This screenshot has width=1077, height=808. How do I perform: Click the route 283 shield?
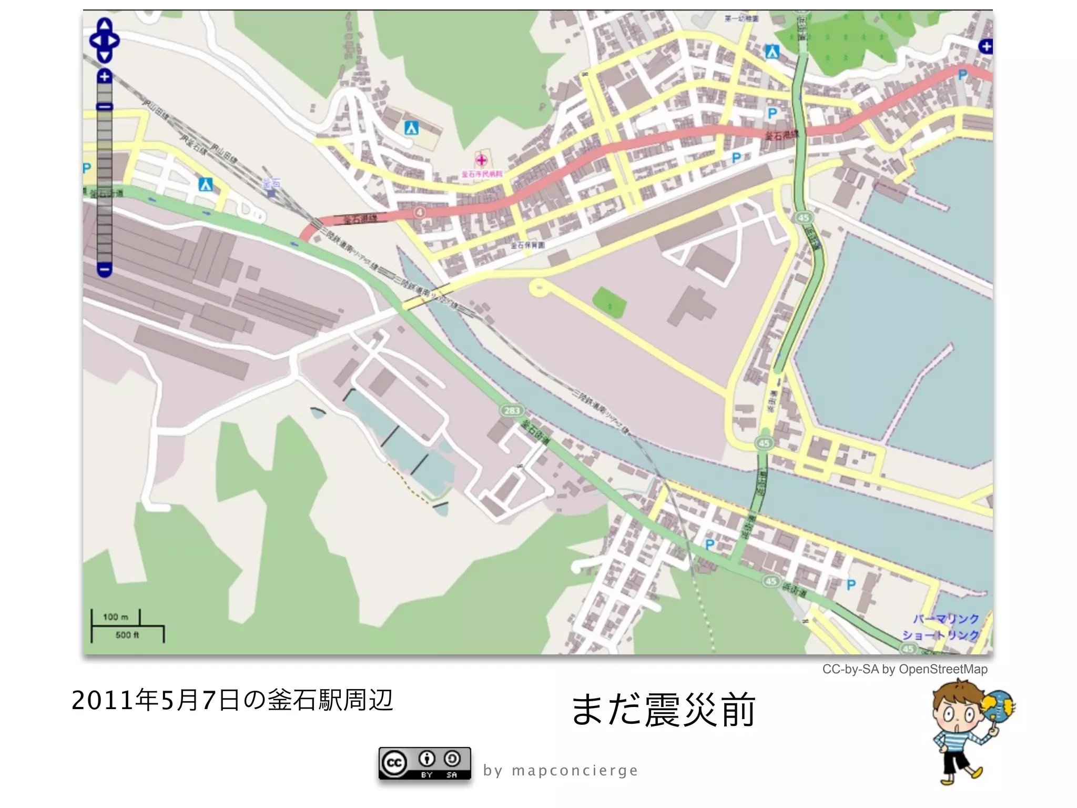tap(512, 410)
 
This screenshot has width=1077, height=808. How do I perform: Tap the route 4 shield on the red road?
tap(420, 212)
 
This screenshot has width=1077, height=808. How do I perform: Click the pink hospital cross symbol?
tap(481, 160)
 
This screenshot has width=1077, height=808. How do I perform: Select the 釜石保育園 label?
tap(527, 245)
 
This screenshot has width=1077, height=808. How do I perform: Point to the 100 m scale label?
tap(116, 617)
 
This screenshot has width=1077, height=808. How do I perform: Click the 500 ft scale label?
tap(127, 635)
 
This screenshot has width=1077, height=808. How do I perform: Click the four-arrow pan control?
tap(104, 41)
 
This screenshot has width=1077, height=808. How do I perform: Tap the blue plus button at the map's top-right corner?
tap(985, 46)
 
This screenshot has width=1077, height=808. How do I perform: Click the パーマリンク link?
tap(946, 619)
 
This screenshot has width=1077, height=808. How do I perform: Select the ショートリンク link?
tap(940, 635)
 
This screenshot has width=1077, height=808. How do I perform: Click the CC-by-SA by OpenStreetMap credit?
tap(905, 669)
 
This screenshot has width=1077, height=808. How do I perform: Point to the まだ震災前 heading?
tap(663, 710)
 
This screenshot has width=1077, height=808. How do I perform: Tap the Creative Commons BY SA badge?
tap(424, 763)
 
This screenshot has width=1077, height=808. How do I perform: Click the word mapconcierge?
tap(575, 771)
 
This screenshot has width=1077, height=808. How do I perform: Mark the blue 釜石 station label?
tap(271, 184)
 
